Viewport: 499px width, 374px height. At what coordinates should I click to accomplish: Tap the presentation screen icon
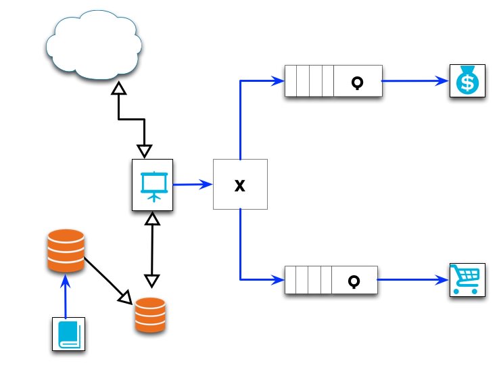(152, 184)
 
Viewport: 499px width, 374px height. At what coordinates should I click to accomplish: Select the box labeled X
(240, 185)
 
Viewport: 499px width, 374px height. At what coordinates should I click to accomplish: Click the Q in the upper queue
(358, 82)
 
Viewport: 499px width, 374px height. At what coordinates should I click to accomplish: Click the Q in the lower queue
(354, 280)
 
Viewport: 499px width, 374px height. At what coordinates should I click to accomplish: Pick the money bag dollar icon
(467, 81)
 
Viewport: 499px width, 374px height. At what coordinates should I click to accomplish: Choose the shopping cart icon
(467, 279)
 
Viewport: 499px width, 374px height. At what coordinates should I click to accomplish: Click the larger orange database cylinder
(66, 251)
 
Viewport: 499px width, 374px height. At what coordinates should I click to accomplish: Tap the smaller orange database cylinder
(149, 314)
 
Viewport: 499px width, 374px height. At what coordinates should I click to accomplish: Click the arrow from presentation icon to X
(193, 184)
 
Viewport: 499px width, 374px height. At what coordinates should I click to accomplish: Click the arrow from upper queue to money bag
(416, 81)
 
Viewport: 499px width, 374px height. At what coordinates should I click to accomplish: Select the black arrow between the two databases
(108, 278)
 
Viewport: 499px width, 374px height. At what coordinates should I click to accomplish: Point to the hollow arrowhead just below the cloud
(119, 89)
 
